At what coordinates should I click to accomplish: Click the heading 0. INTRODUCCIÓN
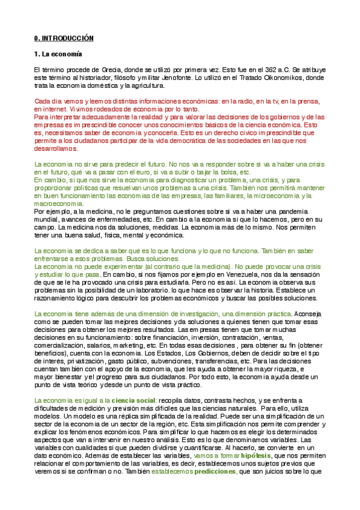64,38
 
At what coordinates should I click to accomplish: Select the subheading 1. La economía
58,55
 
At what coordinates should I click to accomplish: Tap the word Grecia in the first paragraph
94,70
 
